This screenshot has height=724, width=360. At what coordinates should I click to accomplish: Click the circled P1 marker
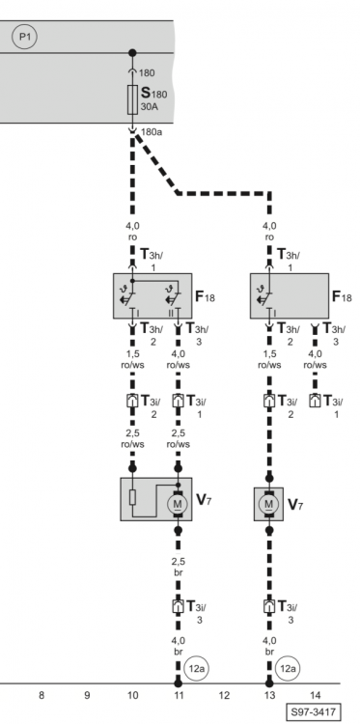coord(24,38)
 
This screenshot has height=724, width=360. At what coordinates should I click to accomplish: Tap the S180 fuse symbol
coord(132,99)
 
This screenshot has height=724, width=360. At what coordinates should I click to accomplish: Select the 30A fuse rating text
coord(150,107)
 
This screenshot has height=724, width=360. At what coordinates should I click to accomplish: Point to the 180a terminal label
coord(151,132)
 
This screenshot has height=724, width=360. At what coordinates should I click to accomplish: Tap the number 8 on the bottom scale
coord(42,695)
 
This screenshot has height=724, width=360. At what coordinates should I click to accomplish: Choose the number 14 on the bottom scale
coord(316,695)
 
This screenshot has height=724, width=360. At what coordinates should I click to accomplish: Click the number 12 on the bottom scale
coord(224,695)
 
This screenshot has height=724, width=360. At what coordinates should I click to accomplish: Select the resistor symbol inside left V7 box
coord(132,497)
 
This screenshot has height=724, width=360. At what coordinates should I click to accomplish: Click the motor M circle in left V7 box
coord(178,504)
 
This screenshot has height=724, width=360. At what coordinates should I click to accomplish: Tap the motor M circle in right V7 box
coord(269,504)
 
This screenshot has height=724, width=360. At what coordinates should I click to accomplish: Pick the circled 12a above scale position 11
coord(197,668)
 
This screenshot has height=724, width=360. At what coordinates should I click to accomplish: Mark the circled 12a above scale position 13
coord(288,668)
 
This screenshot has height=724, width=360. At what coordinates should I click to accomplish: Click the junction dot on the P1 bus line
coord(132,53)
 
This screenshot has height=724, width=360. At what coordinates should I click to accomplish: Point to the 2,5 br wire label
coord(179,566)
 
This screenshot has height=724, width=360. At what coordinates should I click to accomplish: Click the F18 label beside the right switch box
coord(342,296)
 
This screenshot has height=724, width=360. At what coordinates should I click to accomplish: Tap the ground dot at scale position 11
coord(179,683)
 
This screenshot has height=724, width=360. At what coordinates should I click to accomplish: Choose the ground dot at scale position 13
coord(269,683)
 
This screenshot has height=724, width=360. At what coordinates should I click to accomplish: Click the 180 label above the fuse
coord(148,73)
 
